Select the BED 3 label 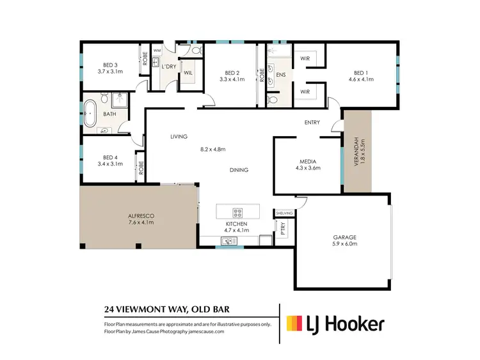110,65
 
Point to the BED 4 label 110,157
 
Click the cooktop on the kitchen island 237,213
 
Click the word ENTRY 312,123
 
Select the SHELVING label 284,213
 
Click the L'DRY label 168,67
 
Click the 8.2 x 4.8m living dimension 212,150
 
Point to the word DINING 239,170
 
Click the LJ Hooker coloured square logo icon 295,324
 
